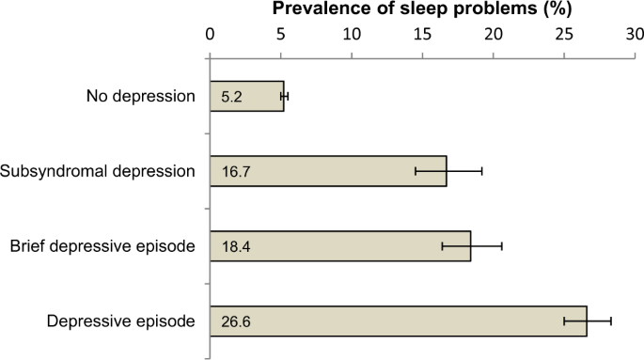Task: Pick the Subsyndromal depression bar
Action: coord(329,171)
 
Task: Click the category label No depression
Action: coord(140,96)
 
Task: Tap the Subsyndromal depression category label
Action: coord(98,171)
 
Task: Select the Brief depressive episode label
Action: coord(102,246)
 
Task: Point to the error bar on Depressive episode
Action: coord(588,321)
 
